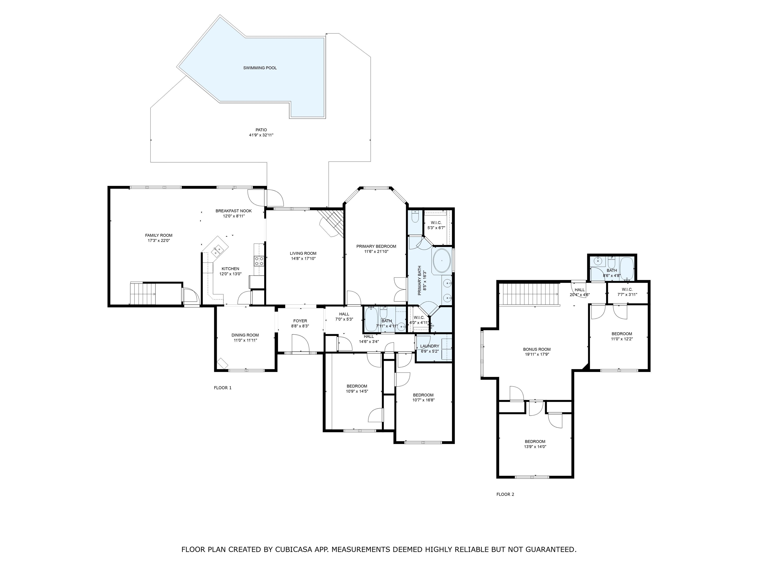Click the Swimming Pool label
tap(260, 68)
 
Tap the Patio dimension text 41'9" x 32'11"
tap(261, 135)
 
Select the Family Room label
tap(159, 235)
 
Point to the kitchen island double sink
tap(217, 250)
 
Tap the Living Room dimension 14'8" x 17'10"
tap(303, 259)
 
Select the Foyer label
tap(300, 321)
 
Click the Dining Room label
tap(245, 335)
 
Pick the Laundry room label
tap(430, 346)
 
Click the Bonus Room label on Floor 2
tap(537, 349)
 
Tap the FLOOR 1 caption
tap(223, 388)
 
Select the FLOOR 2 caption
tap(505, 494)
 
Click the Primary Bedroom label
tap(376, 246)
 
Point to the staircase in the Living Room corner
tap(331, 223)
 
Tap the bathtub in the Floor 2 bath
tap(627, 268)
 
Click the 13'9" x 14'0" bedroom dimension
tap(535, 447)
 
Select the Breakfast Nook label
tap(234, 211)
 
